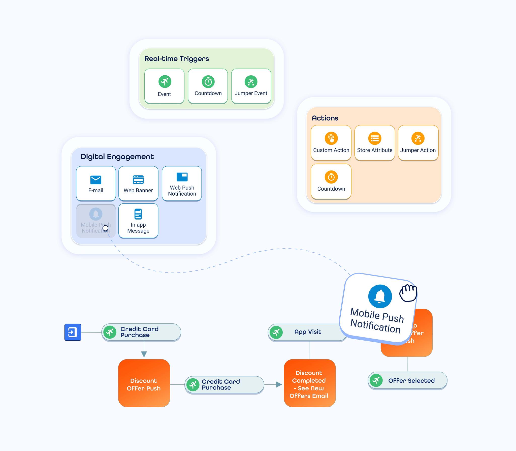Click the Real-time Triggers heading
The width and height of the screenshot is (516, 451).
point(177,59)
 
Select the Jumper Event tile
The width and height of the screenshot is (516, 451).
point(251,86)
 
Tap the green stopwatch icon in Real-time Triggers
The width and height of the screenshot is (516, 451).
point(208,82)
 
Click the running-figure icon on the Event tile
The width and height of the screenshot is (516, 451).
point(165,82)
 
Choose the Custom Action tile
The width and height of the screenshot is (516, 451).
point(331,143)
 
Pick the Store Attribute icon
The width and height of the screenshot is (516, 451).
point(375,138)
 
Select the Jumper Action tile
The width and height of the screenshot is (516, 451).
point(418,143)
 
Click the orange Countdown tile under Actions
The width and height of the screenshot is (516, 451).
point(331,181)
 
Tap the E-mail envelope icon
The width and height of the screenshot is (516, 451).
point(96,180)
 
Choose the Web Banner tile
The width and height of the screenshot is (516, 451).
point(138,183)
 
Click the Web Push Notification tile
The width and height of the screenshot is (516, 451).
point(182,183)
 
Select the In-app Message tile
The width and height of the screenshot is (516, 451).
point(138,221)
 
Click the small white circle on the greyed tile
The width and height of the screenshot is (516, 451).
point(105,228)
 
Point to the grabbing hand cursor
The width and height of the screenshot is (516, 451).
point(408,293)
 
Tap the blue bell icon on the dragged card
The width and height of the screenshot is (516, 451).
point(380,296)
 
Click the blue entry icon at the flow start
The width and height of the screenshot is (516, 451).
point(73,332)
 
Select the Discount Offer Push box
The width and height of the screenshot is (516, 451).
point(144,383)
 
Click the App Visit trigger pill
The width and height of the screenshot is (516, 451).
point(307,332)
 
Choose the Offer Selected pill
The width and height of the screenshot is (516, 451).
point(407,380)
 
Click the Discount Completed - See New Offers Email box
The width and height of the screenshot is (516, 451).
point(310,383)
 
